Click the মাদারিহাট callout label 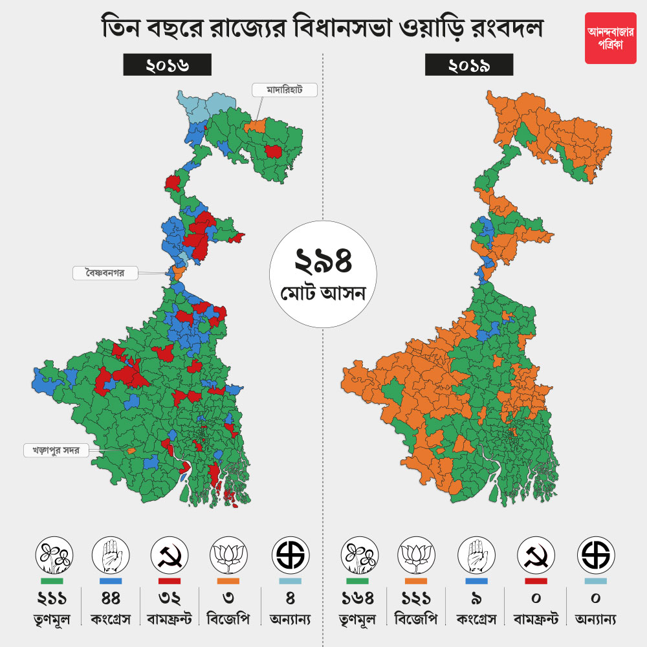(285, 90)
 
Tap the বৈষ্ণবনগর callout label (106, 273)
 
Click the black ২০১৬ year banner (168, 65)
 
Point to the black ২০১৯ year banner (469, 65)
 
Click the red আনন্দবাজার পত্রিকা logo (610, 38)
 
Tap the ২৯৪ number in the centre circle (323, 261)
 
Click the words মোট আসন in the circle (323, 294)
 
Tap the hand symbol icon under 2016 (111, 554)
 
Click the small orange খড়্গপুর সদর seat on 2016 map (131, 450)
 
